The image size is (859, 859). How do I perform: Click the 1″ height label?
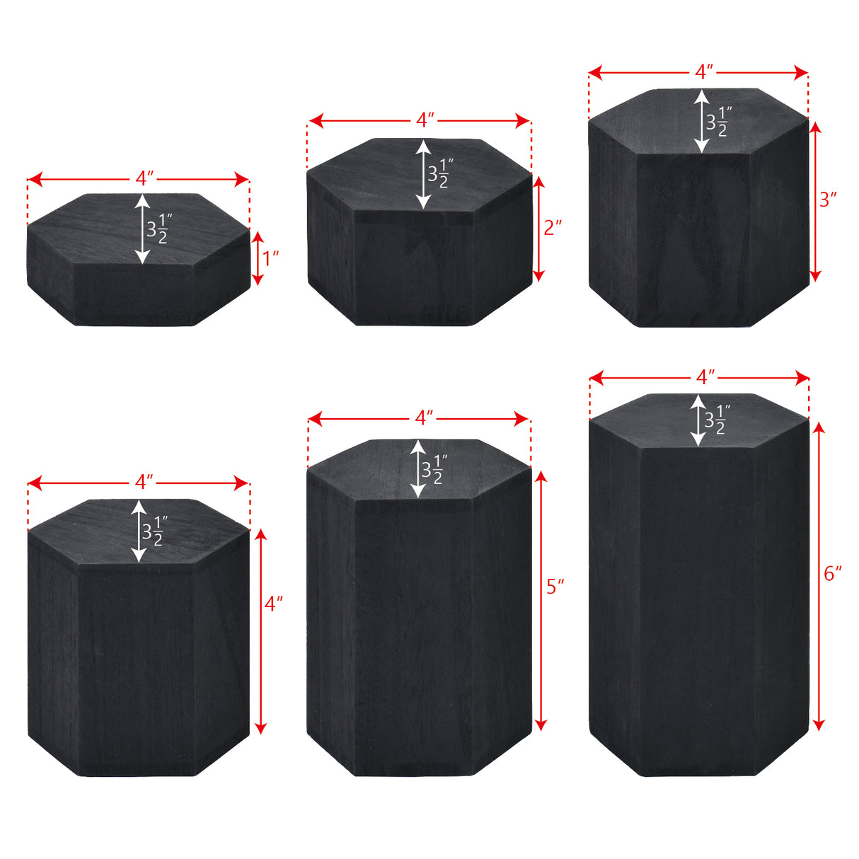[x=270, y=259]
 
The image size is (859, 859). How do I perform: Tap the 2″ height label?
[x=553, y=228]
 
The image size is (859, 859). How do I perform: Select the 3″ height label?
[x=828, y=200]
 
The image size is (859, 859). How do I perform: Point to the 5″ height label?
[x=555, y=587]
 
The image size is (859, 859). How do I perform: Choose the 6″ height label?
[x=833, y=574]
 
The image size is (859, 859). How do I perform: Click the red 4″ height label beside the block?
[x=274, y=604]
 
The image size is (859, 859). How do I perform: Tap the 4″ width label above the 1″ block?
[x=144, y=179]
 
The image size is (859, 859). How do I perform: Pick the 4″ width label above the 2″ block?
[x=425, y=120]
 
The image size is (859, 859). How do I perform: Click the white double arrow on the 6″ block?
[x=698, y=421]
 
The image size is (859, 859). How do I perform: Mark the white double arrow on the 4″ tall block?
[x=139, y=531]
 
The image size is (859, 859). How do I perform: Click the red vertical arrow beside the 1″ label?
[x=258, y=258]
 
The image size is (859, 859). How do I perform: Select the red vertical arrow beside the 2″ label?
[x=539, y=229]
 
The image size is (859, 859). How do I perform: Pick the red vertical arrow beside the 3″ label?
[x=815, y=202]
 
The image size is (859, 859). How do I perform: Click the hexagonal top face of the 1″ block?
[x=138, y=229]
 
